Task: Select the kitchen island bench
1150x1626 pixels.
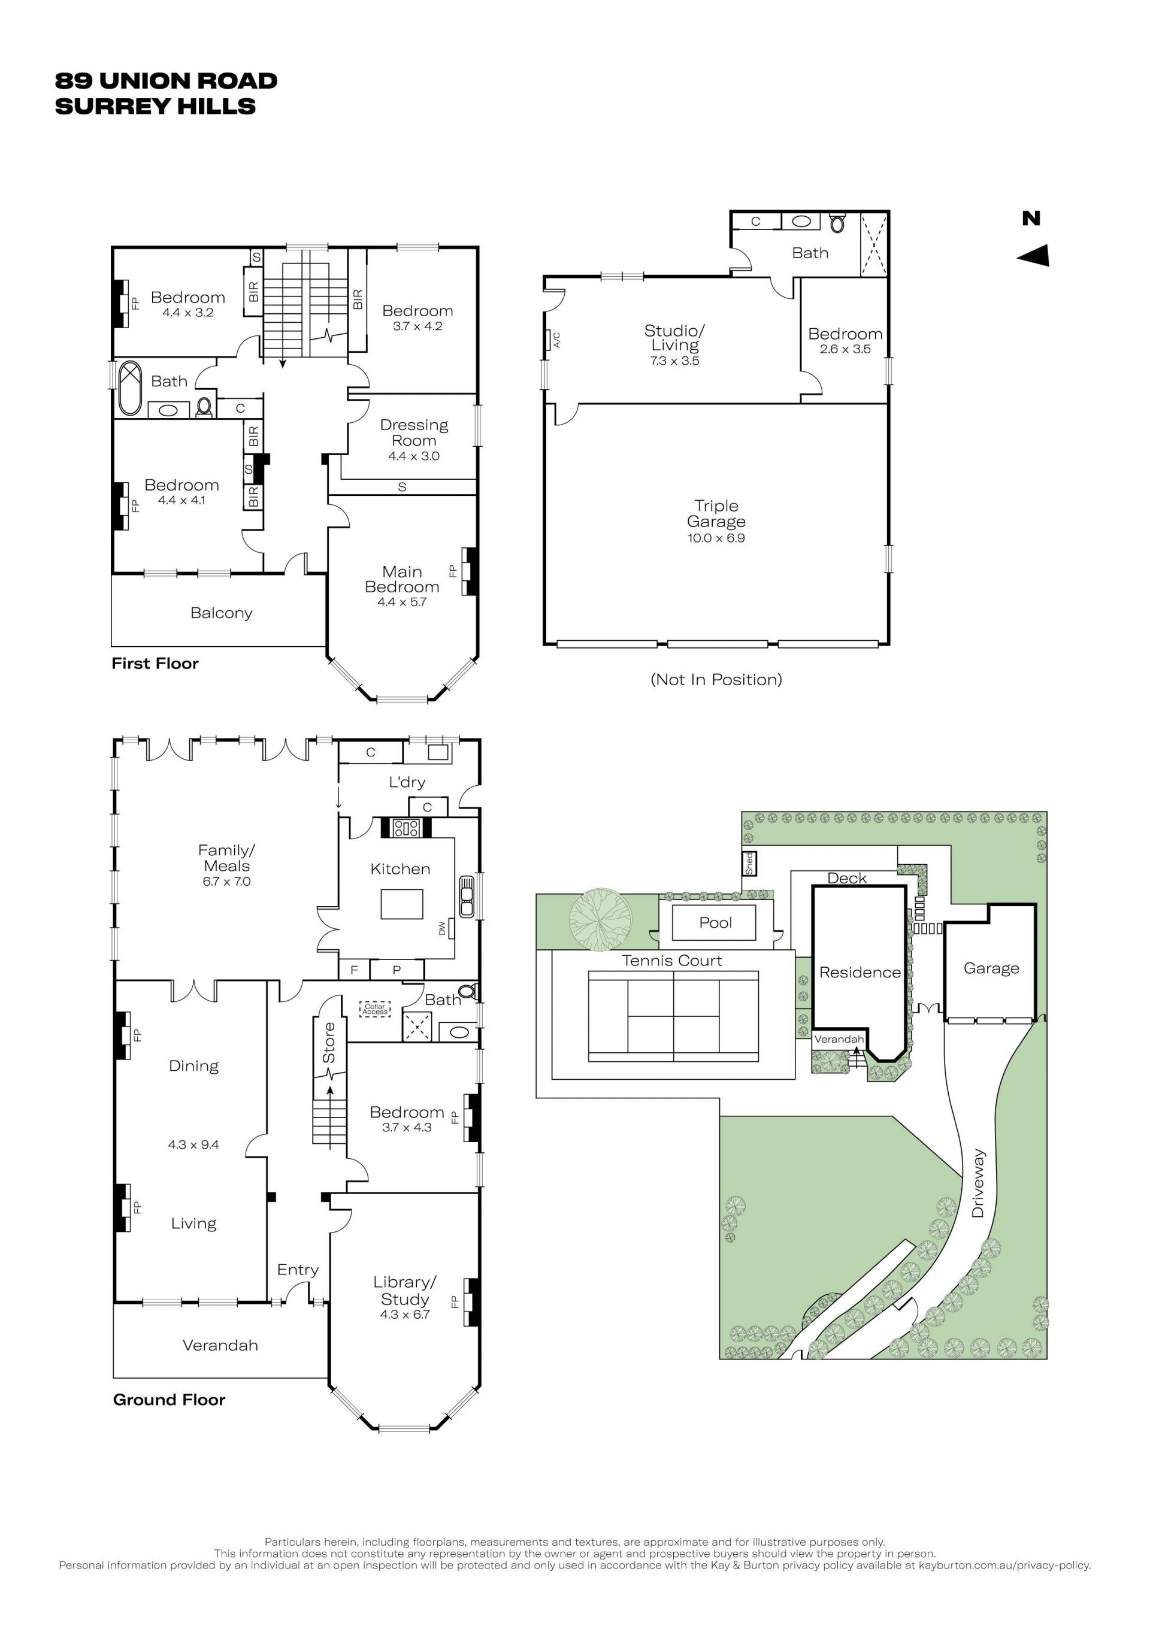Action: (401, 904)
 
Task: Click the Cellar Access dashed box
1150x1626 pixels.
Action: (374, 1009)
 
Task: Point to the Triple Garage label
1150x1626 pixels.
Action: (716, 513)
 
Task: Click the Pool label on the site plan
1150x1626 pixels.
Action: (715, 923)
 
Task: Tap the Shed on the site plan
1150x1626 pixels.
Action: (749, 863)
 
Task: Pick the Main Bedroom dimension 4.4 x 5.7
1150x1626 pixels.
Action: (402, 602)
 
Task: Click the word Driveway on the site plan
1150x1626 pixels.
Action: (978, 1183)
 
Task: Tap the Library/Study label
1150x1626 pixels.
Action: (405, 1290)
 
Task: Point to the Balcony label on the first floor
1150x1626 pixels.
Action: (221, 613)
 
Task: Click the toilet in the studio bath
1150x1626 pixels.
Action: (838, 223)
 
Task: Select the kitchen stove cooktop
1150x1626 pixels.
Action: (407, 827)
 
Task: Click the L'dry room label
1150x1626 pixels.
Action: (407, 782)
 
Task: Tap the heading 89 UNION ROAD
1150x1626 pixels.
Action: (167, 81)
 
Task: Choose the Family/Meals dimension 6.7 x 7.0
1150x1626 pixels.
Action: (226, 882)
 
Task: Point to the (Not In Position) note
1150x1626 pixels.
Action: (716, 680)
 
